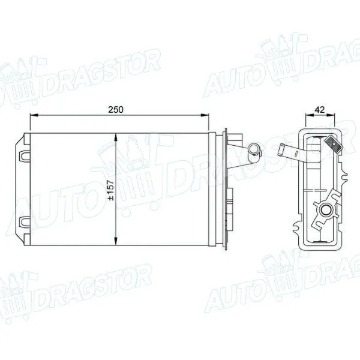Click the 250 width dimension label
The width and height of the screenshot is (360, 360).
(116, 110)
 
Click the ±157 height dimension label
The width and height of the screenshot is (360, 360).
(111, 190)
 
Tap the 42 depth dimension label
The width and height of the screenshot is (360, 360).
(320, 110)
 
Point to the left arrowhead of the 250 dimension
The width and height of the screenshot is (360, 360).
(34, 115)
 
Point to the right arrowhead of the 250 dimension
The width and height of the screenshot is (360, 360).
(205, 115)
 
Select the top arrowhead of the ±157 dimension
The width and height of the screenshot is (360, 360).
(116, 137)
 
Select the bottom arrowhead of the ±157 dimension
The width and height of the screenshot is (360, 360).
(116, 241)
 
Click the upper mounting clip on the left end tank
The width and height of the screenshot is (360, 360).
(25, 155)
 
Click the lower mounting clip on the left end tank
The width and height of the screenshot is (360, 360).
(25, 221)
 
